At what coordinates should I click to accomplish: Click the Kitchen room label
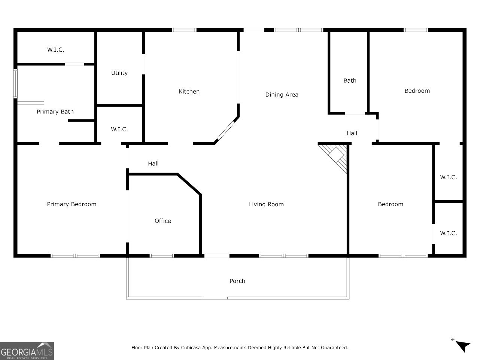point(189,92)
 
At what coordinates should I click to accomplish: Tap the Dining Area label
point(282,95)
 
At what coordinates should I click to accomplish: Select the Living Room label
point(266,204)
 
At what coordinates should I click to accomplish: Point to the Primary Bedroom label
point(72,204)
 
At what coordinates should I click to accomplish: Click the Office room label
point(163,221)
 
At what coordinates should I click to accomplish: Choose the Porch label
point(237,281)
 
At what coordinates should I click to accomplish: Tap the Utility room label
point(119,73)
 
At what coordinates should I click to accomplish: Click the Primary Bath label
point(55,112)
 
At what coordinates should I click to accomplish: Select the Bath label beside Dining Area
point(350,80)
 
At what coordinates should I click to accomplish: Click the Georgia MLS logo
point(27,351)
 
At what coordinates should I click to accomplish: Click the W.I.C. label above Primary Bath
point(56,50)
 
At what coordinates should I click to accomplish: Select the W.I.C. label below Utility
point(119,129)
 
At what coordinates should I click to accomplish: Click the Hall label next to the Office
point(153,164)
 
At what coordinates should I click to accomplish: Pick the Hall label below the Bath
point(352,133)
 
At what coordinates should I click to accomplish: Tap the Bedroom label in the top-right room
point(417,91)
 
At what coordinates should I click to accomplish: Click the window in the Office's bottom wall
point(162,256)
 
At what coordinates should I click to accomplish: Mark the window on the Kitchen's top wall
point(184,30)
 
